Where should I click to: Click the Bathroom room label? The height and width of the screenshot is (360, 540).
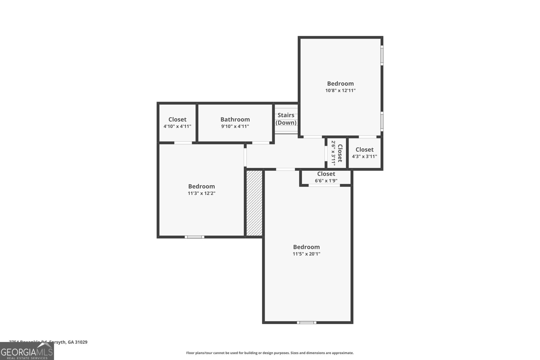pyautogui.click(x=235, y=119)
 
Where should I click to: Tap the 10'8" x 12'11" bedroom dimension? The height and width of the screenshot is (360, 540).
pyautogui.click(x=340, y=90)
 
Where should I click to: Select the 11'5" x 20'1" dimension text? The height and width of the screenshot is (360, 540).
pyautogui.click(x=306, y=254)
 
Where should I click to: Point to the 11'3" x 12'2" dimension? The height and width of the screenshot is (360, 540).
pyautogui.click(x=201, y=193)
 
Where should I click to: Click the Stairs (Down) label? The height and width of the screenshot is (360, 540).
pyautogui.click(x=286, y=119)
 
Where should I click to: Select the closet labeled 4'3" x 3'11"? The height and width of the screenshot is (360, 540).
pyautogui.click(x=364, y=153)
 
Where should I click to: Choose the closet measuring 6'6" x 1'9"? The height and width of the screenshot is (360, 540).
pyautogui.click(x=326, y=177)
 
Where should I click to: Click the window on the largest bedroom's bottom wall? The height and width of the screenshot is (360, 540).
pyautogui.click(x=306, y=323)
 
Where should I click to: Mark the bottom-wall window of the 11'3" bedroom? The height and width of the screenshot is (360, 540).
pyautogui.click(x=194, y=237)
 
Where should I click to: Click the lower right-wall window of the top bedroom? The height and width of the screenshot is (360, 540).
pyautogui.click(x=382, y=121)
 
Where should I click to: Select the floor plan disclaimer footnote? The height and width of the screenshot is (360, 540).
pyautogui.click(x=270, y=353)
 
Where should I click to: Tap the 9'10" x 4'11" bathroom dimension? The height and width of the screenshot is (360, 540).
pyautogui.click(x=235, y=127)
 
